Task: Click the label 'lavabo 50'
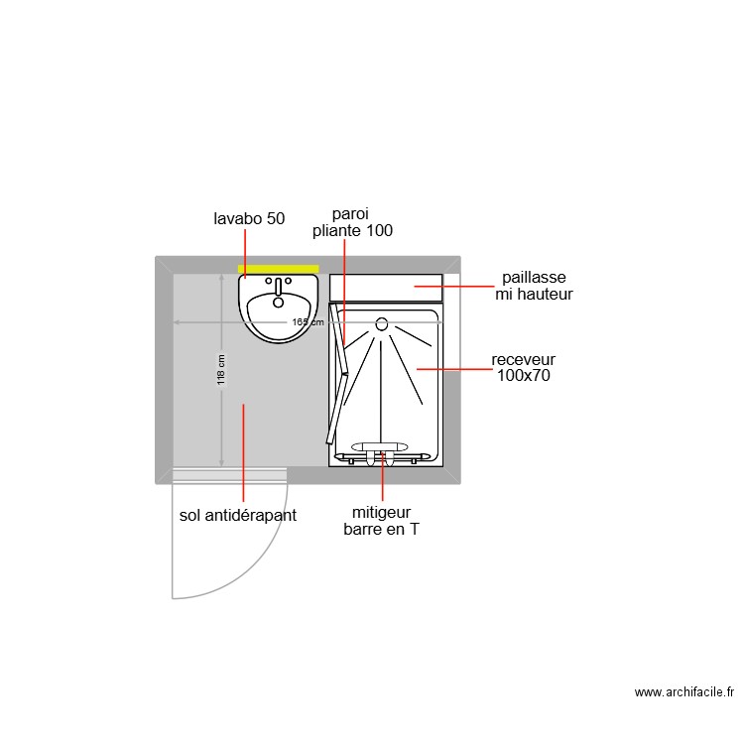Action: (x=249, y=218)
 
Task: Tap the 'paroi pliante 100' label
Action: (x=352, y=222)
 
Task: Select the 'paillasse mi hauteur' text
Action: (x=534, y=286)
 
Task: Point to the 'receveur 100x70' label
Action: (x=524, y=367)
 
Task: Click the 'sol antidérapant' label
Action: (x=238, y=516)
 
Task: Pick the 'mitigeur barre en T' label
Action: (x=382, y=521)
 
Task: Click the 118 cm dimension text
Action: (x=221, y=370)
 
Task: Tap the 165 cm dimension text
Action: (x=308, y=322)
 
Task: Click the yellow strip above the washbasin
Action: (x=279, y=268)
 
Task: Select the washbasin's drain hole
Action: (x=278, y=304)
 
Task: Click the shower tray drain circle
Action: (x=382, y=323)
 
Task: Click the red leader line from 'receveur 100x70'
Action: (x=454, y=369)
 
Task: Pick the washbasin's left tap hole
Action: (x=267, y=282)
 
